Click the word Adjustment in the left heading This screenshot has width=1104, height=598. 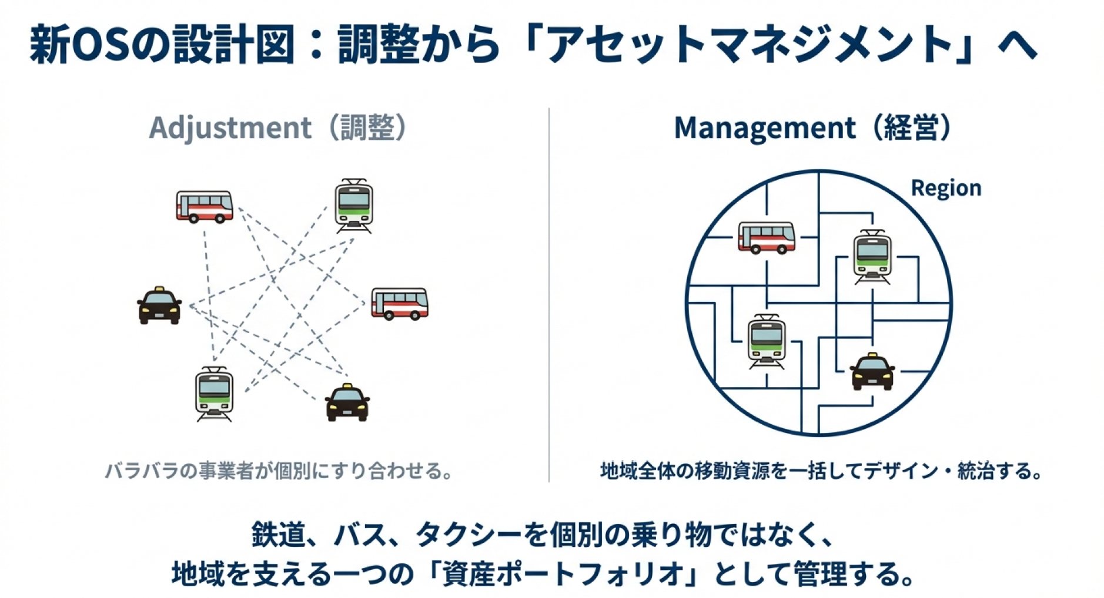coord(230,128)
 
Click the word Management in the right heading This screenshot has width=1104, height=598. coord(764,128)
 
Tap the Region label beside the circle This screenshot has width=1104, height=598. coord(945,188)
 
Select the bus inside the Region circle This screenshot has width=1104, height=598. coord(766,237)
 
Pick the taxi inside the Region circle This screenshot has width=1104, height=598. coord(872,372)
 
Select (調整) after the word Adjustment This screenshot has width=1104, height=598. coord(367,128)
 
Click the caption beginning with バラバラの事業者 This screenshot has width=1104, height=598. coord(279,471)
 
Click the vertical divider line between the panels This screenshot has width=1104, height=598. coord(549,294)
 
